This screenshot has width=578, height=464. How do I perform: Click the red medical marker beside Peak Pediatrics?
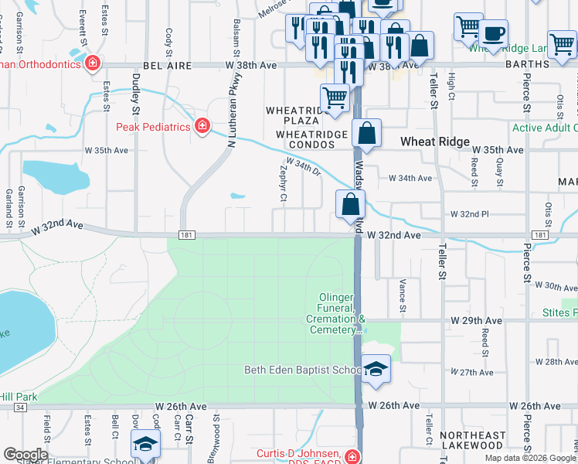tap(202, 125)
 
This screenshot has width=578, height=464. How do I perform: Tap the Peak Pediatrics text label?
tap(153, 127)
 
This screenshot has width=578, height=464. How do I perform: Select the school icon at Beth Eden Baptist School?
tap(376, 369)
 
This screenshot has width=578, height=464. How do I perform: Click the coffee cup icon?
tap(493, 34)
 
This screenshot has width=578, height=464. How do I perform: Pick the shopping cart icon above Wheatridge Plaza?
tap(334, 97)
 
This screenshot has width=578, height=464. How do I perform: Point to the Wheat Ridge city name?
tap(435, 142)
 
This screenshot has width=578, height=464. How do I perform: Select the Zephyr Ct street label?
tap(284, 186)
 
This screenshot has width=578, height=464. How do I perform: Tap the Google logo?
tap(25, 454)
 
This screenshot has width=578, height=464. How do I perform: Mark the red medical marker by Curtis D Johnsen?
tap(353, 456)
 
